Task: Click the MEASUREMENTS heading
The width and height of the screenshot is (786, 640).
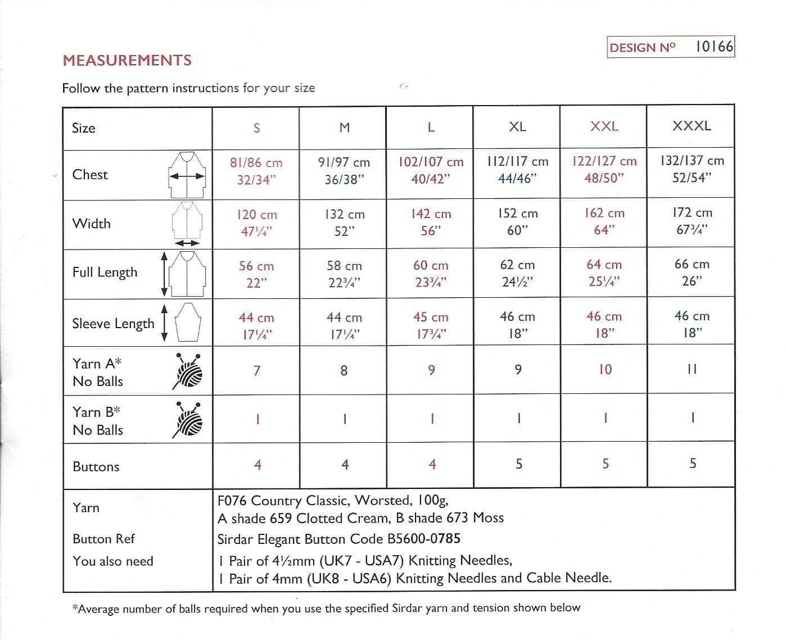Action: pos(127,60)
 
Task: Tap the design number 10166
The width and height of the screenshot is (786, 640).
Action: pos(714,47)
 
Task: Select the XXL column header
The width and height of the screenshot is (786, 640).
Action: pos(604,126)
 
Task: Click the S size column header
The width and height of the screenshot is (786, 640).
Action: pos(256,128)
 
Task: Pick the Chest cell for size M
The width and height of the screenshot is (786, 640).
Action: pos(344,171)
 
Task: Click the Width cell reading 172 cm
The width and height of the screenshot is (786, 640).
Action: pos(692,221)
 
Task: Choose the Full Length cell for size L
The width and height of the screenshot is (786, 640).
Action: pos(431,274)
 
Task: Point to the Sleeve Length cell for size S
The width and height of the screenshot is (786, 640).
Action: pos(256,326)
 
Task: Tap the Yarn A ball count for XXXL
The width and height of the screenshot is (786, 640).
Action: pos(692,369)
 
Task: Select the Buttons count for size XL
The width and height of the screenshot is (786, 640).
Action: pos(518,464)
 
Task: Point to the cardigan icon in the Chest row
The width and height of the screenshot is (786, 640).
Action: pos(187,175)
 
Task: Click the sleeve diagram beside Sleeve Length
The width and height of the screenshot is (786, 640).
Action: pos(188,322)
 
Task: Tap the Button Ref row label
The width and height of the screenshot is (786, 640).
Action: pos(103,539)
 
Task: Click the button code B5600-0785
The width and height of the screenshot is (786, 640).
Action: pos(423,539)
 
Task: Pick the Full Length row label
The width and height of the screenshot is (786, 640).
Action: pos(105,273)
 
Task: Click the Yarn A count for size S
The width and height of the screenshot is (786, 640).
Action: pos(257,371)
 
